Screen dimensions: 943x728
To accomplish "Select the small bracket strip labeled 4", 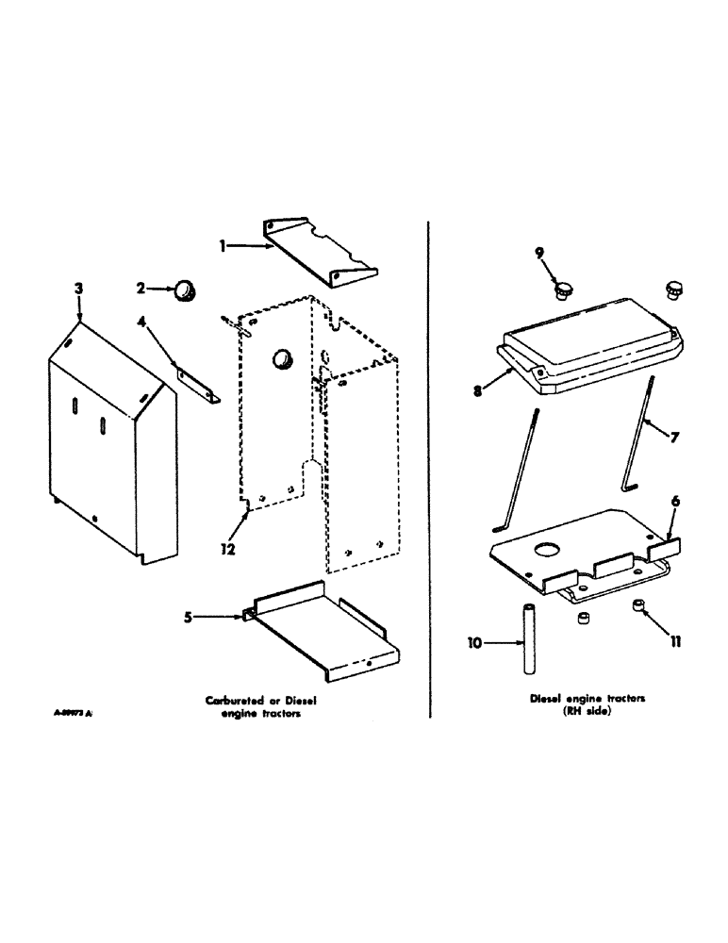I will coord(195,382).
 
